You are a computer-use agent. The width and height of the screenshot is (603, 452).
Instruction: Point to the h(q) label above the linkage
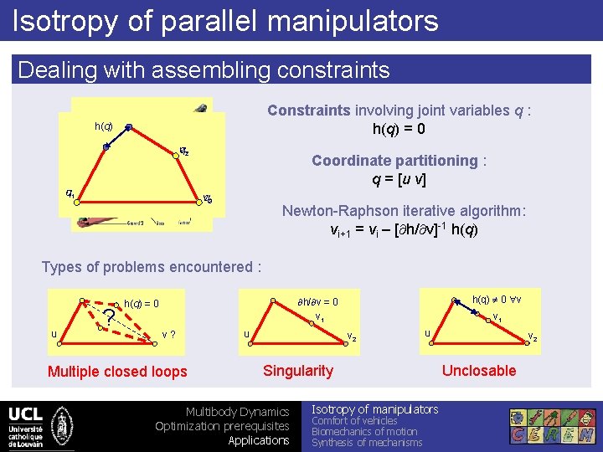(104, 126)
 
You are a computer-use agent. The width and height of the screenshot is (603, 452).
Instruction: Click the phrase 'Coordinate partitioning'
(394, 160)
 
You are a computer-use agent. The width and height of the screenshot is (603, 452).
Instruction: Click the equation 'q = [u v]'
(405, 178)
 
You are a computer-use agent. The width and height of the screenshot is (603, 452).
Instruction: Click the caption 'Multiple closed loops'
(117, 372)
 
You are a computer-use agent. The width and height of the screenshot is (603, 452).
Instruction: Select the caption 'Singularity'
(297, 371)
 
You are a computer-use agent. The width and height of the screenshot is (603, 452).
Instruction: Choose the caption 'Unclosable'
(478, 371)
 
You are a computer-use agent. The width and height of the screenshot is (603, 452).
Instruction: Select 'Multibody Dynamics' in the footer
(237, 412)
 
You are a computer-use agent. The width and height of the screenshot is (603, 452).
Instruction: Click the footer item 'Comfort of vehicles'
(354, 421)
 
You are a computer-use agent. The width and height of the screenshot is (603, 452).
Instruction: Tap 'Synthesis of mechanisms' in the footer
(367, 443)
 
